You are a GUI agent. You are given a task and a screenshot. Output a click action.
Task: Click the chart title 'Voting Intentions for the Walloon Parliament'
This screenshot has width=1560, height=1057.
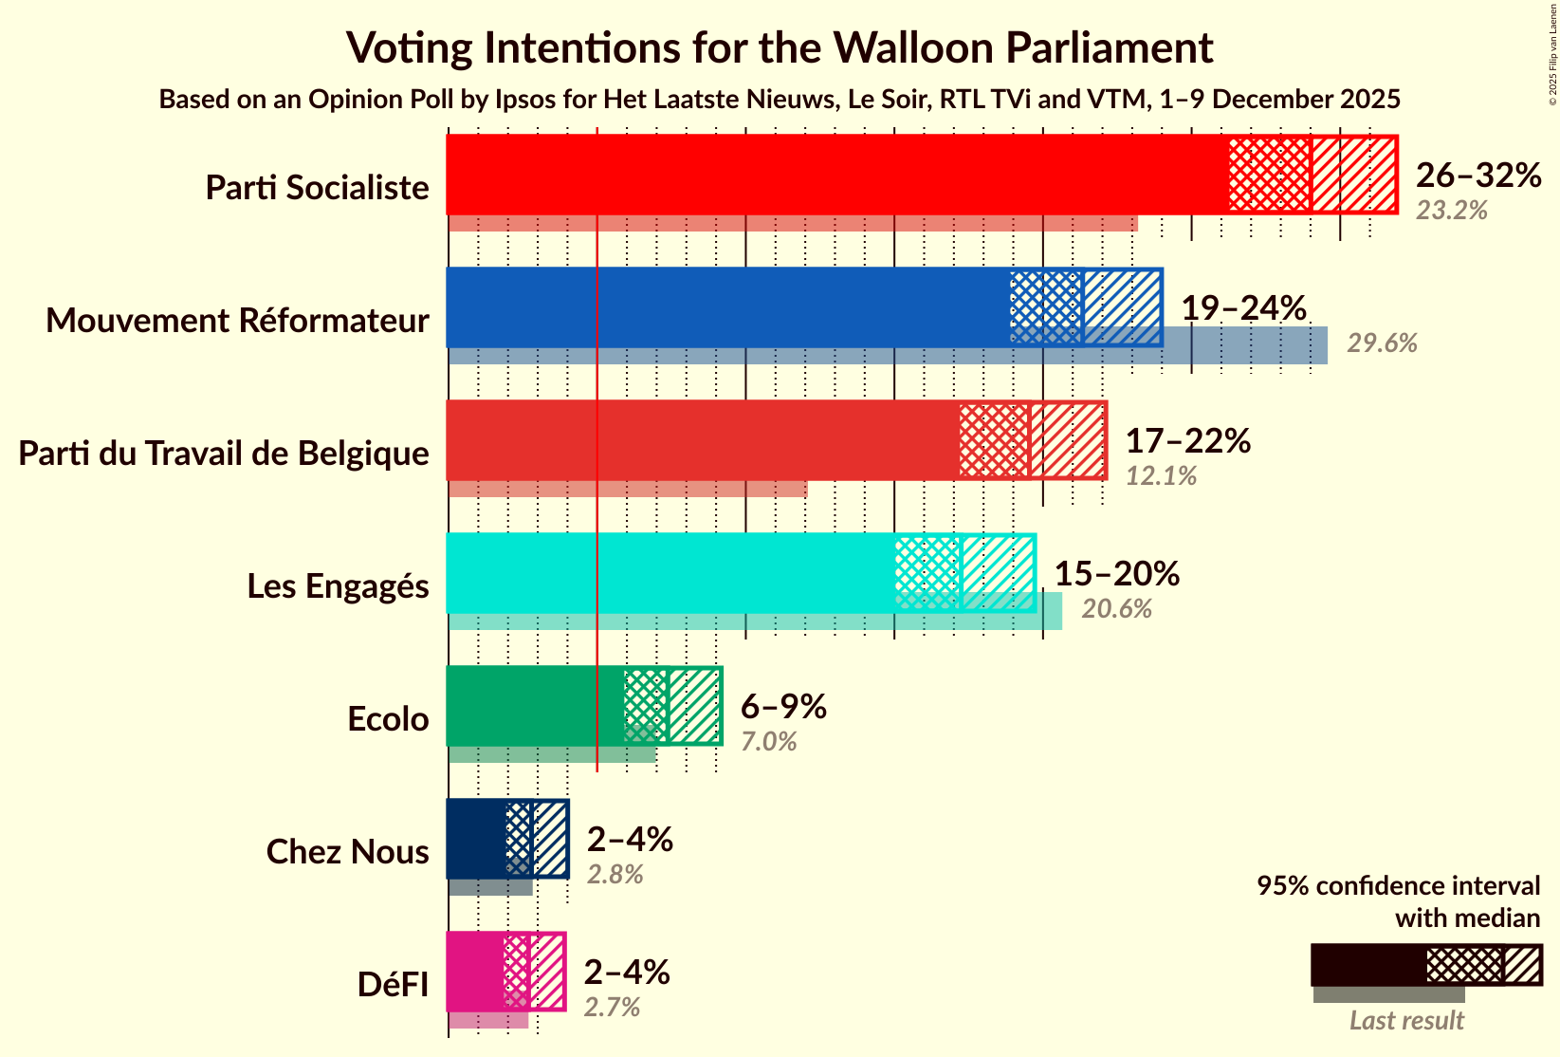tap(780, 47)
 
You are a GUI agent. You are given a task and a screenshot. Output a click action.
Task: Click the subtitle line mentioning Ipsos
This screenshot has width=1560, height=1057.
tap(780, 100)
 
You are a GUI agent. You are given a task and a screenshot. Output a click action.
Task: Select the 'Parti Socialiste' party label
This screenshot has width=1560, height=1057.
tap(317, 188)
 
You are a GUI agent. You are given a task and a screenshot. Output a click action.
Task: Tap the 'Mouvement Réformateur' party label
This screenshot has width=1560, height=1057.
tap(237, 321)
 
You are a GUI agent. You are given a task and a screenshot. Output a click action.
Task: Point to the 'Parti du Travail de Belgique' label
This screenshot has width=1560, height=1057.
tap(224, 454)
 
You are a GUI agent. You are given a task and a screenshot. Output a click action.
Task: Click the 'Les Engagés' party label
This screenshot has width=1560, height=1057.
tap(338, 586)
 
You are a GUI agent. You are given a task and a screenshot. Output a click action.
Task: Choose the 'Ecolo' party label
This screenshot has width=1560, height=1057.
tap(388, 719)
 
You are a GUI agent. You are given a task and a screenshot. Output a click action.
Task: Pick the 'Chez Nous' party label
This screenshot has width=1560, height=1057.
tap(347, 852)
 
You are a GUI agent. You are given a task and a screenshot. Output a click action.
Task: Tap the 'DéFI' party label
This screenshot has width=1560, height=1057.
tap(393, 985)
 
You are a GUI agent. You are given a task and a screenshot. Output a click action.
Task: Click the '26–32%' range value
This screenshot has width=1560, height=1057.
tap(1477, 175)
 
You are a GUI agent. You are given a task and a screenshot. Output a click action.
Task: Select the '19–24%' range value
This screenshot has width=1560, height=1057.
tap(1243, 307)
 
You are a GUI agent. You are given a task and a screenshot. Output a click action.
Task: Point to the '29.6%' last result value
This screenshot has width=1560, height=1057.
tap(1382, 343)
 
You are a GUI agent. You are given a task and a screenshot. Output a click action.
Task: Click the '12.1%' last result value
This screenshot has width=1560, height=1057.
tap(1161, 476)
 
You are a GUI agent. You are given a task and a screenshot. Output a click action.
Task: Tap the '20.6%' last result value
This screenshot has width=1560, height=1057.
tap(1116, 609)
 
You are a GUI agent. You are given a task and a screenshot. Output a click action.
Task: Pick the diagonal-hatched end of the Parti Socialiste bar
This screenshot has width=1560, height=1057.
tap(1353, 175)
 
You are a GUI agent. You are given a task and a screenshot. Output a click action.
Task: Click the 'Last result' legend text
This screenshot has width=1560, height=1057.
tap(1406, 1021)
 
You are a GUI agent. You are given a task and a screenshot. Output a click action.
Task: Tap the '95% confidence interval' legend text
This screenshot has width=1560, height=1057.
tap(1398, 886)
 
